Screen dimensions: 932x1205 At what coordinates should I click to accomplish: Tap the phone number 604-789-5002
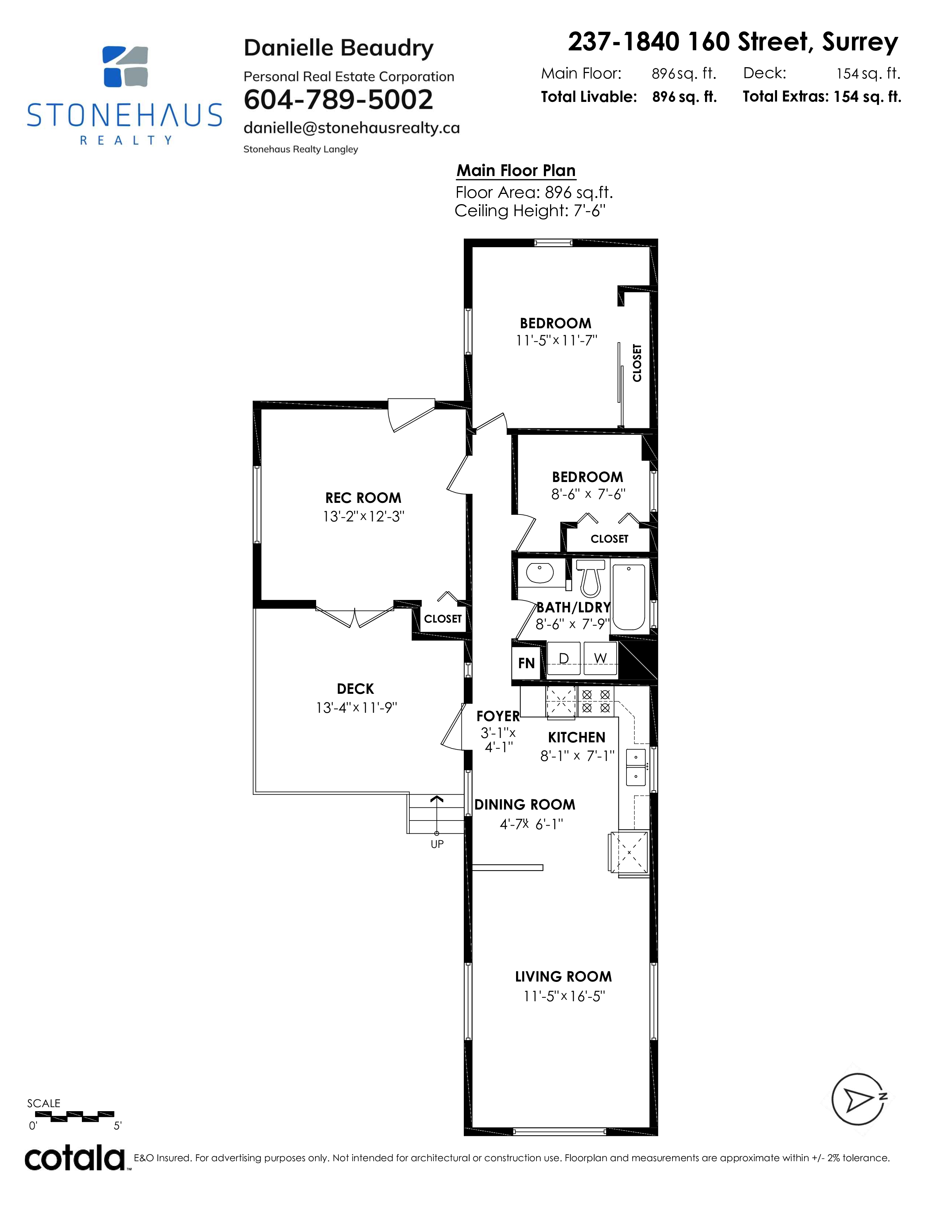click(x=338, y=100)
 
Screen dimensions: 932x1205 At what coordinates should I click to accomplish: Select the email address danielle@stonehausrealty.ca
click(x=351, y=128)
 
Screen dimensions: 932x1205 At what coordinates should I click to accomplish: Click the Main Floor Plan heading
click(x=516, y=171)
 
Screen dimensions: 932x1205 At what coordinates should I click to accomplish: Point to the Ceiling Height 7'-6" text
click(x=530, y=211)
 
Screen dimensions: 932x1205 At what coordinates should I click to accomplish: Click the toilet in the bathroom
click(x=590, y=578)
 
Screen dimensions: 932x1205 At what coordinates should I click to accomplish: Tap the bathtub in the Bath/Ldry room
click(x=629, y=597)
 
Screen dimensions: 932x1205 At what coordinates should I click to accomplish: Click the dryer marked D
click(x=564, y=658)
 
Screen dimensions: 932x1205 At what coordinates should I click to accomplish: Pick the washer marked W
click(x=600, y=658)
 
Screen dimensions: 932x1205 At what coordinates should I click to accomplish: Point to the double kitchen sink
click(x=636, y=767)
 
